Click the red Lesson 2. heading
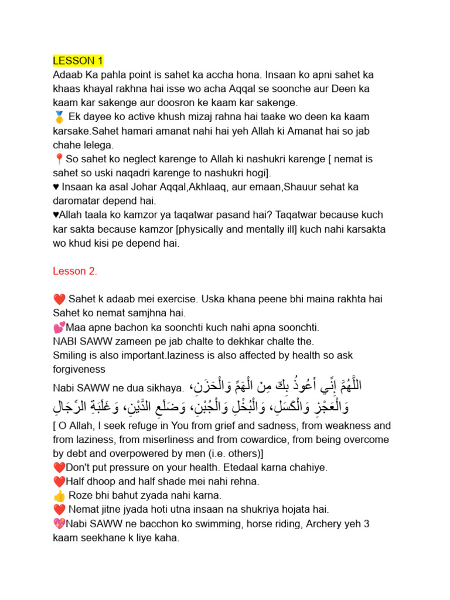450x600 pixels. point(75,271)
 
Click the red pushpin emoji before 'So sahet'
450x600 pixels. point(58,159)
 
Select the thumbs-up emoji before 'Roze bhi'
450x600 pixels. point(58,495)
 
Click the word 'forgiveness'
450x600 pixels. point(79,369)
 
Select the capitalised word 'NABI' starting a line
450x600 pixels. point(66,341)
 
